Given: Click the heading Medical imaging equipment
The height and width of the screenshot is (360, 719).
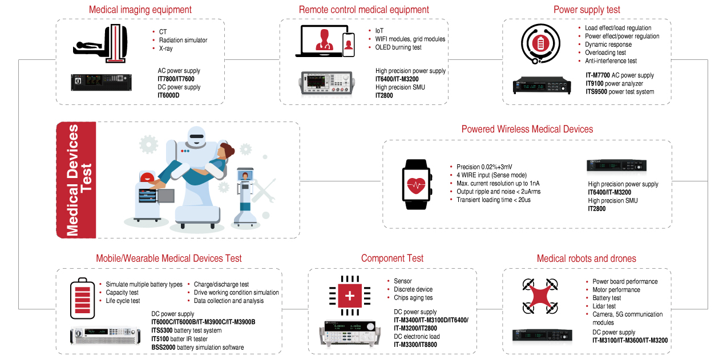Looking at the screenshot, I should pyautogui.click(x=140, y=10).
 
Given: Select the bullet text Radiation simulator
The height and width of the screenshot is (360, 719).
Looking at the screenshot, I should pyautogui.click(x=183, y=40).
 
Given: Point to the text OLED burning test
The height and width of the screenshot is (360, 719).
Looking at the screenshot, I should pyautogui.click(x=398, y=47).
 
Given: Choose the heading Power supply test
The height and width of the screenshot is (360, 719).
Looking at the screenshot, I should pyautogui.click(x=587, y=10).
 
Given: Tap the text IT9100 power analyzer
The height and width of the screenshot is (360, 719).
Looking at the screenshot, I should pyautogui.click(x=614, y=83).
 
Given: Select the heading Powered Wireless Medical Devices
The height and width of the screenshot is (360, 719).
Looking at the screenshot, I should pyautogui.click(x=527, y=130).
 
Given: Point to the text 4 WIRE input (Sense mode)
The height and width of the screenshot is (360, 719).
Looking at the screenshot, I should pyautogui.click(x=491, y=175).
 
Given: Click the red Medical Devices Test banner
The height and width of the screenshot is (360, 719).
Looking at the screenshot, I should pyautogui.click(x=76, y=180).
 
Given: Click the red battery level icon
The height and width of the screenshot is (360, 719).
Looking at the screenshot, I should pyautogui.click(x=83, y=298).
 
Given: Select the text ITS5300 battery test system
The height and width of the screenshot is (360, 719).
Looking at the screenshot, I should pyautogui.click(x=186, y=330).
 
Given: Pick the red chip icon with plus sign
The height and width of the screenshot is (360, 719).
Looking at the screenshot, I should pyautogui.click(x=349, y=296).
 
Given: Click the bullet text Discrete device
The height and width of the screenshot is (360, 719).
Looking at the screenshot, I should pyautogui.click(x=413, y=289).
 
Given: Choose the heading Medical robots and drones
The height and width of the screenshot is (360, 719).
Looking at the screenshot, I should pyautogui.click(x=586, y=258).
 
